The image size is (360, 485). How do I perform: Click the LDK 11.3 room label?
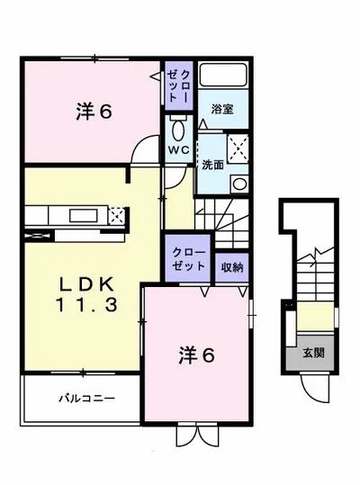pos(86,294)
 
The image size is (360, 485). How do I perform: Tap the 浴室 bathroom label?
pos(222,109)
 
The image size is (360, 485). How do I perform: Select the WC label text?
pos(179,150)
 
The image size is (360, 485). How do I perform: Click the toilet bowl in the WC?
pos(178,130)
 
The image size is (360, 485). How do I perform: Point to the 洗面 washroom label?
pos(212,165)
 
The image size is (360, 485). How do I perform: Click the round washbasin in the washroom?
pos(239,184)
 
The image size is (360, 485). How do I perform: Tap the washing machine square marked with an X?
pos(238,148)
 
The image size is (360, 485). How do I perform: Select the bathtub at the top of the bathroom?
pos(222,76)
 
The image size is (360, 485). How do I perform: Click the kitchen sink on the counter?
pos(84,215)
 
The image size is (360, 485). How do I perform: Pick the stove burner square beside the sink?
pos(117,215)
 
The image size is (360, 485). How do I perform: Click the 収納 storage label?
pos(232,268)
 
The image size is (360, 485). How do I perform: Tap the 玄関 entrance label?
pos(313,353)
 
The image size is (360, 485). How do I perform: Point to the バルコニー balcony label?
pos(87,398)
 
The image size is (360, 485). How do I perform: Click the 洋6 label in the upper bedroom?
pos(94,112)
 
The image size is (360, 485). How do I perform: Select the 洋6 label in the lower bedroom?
pos(196,355)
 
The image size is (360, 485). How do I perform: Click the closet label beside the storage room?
pos(189,259)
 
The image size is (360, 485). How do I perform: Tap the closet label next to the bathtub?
pos(178,85)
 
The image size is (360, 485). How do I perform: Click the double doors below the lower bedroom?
pos(198,436)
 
